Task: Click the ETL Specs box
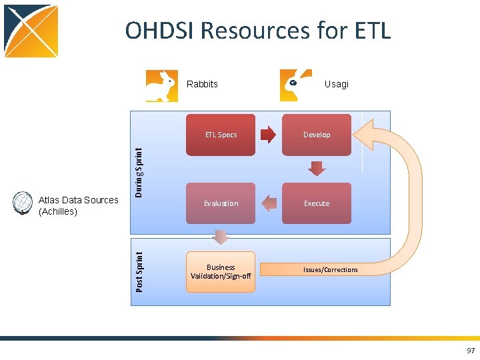221,135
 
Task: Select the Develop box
317,135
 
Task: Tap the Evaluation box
221,203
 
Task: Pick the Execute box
317,203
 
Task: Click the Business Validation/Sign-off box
221,272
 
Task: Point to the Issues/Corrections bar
330,269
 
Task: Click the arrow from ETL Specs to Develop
267,135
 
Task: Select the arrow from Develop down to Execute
317,168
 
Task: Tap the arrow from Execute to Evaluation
269,203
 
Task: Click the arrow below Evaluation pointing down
221,237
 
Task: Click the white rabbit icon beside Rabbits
162,86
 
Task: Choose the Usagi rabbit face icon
296,85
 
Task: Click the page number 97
471,351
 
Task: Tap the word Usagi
336,84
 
